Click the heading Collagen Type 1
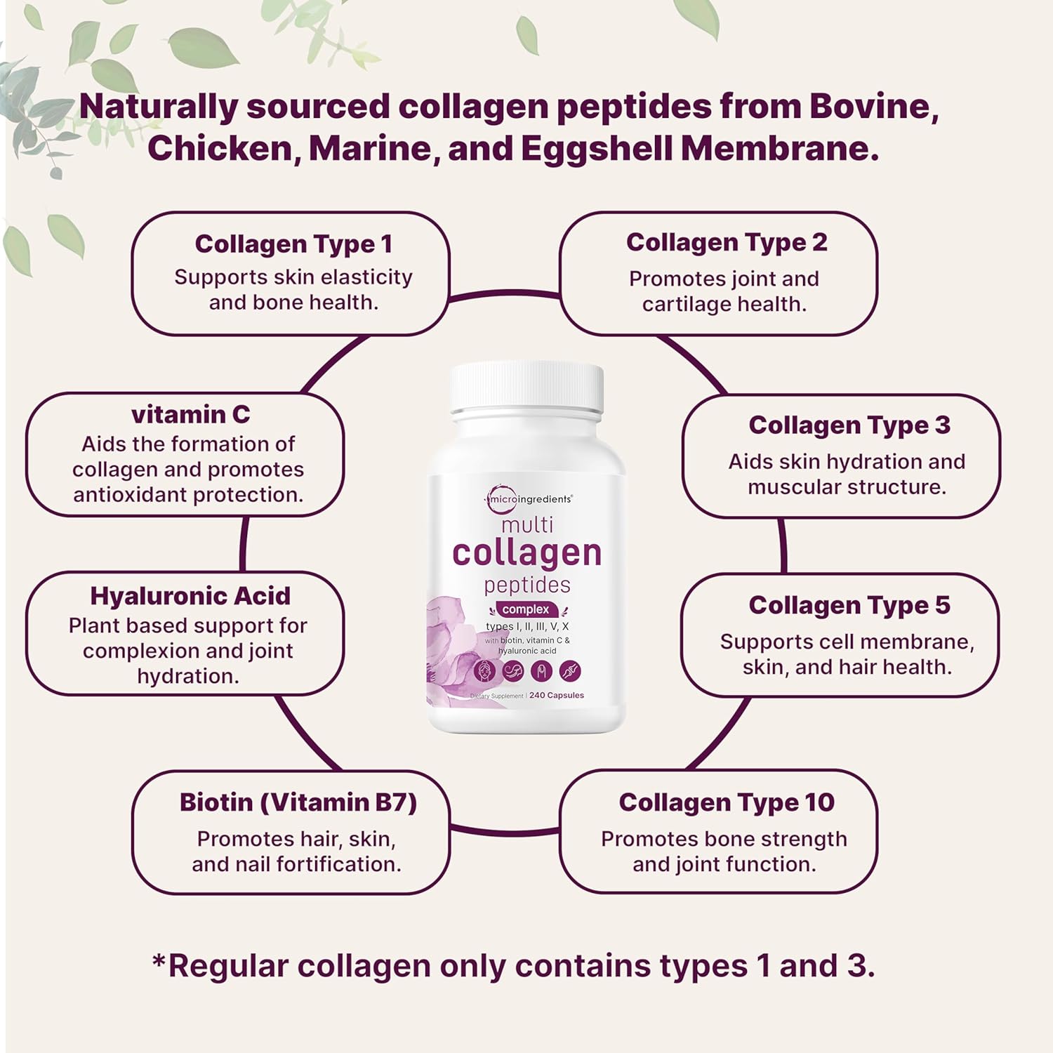tap(293, 244)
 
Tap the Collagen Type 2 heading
tap(727, 243)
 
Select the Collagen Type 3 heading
tap(849, 425)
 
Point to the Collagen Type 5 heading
tap(849, 606)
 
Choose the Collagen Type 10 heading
tap(727, 803)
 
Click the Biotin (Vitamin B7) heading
tap(298, 802)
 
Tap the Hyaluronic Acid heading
tap(190, 597)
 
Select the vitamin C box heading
tap(190, 415)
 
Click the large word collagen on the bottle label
tap(526, 553)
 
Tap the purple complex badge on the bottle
tap(526, 609)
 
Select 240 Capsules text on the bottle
tap(557, 696)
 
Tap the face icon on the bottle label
tap(485, 671)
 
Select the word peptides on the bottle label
tap(527, 585)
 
